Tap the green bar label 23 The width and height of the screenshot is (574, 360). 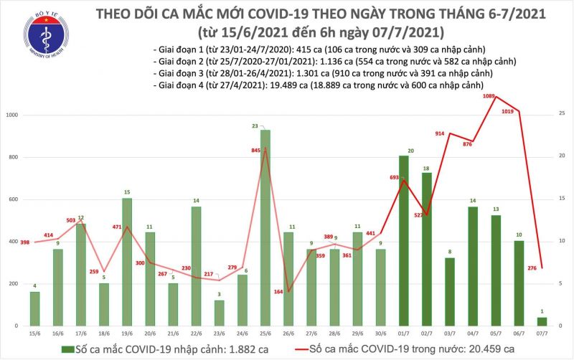(265, 125)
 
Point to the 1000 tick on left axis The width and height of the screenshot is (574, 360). (11, 115)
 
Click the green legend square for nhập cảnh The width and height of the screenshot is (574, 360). (66, 348)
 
